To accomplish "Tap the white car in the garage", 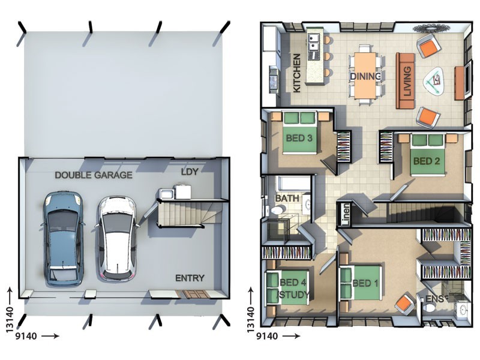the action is tap(116, 239).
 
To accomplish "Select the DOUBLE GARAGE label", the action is tap(94, 175).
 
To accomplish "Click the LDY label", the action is tap(190, 172).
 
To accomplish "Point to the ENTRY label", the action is tap(190, 278).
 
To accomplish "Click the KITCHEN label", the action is tap(297, 73).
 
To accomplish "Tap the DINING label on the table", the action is tap(365, 76).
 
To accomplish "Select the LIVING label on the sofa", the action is tap(407, 82).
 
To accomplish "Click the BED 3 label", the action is tap(299, 138).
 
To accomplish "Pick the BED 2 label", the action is tap(427, 161).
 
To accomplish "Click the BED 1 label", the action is tap(365, 283).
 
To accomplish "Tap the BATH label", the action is tap(287, 199).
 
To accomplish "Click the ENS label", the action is tap(434, 299).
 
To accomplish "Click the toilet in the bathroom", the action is tap(277, 210).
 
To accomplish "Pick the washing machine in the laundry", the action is tap(182, 191).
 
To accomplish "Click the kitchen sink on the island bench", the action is tap(314, 43).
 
